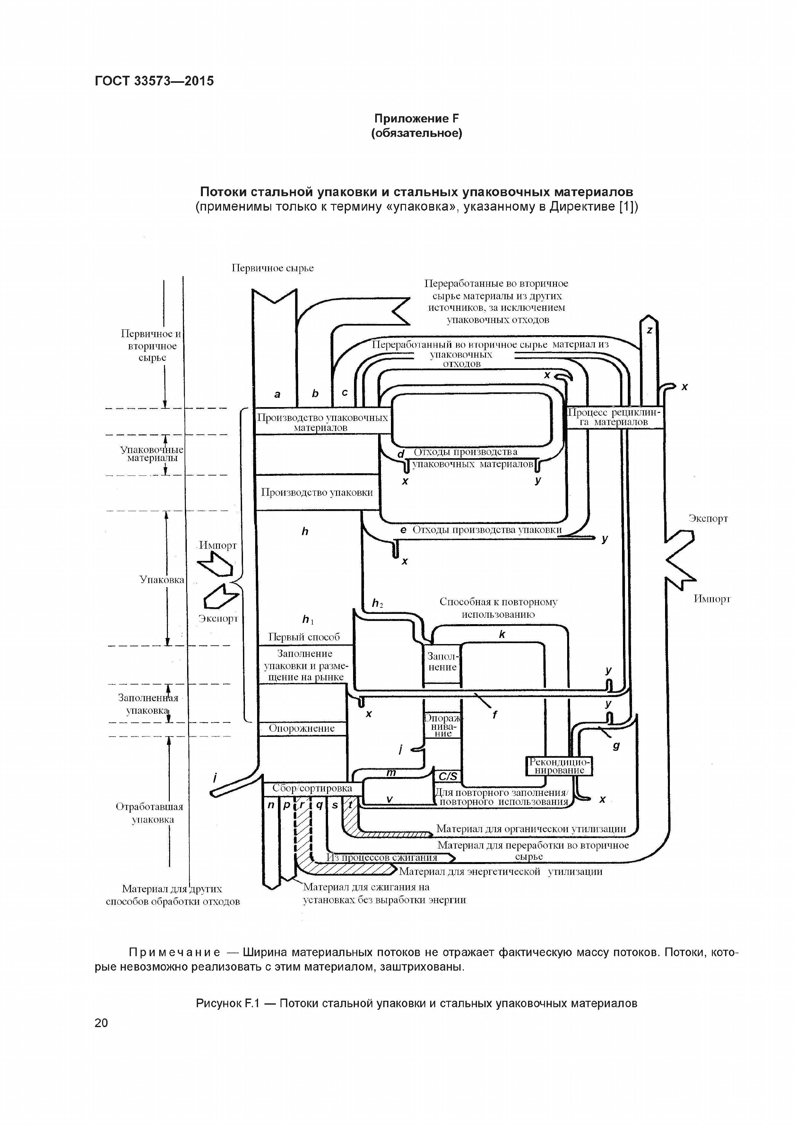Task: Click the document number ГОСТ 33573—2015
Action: point(154,81)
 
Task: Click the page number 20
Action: point(101,1023)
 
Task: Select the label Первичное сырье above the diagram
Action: point(273,268)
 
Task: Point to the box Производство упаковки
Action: point(317,493)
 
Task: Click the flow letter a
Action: point(277,394)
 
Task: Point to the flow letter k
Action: point(502,635)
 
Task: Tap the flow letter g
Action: point(616,746)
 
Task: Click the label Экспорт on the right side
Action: point(708,519)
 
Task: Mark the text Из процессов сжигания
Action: point(382,857)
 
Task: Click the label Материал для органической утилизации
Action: point(531,829)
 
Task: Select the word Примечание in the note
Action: point(174,952)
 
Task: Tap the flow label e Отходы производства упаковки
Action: point(481,530)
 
